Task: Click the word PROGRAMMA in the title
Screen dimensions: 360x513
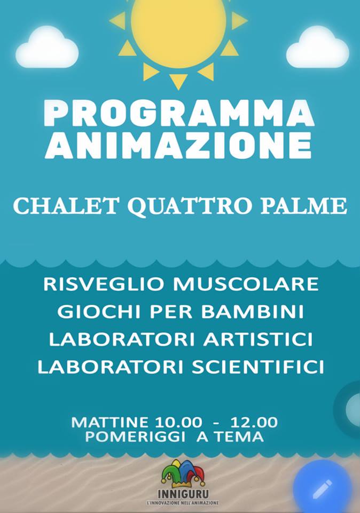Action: (179, 113)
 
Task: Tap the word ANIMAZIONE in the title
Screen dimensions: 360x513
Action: (178, 145)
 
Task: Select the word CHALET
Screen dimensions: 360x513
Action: (65, 206)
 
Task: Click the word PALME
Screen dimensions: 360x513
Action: (304, 206)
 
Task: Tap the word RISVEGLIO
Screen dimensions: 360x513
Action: (104, 284)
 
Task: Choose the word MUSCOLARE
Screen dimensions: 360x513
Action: (246, 284)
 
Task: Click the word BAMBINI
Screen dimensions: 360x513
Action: (253, 312)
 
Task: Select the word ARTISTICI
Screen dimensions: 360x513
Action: (258, 339)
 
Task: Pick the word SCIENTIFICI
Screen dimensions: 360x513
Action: (258, 367)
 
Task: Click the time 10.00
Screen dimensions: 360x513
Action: (178, 422)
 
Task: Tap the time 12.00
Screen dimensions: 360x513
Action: (254, 422)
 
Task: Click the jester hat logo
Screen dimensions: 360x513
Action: (183, 473)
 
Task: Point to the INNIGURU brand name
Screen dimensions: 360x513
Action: (183, 494)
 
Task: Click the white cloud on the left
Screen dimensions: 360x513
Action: (47, 48)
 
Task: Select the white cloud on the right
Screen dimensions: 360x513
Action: (317, 48)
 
